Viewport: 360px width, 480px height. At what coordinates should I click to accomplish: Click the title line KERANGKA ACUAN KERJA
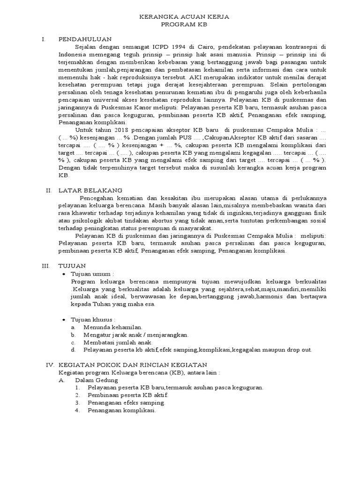point(185,16)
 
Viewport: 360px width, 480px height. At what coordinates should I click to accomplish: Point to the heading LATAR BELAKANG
point(90,190)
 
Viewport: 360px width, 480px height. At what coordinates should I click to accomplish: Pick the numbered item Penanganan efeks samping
point(126,403)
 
